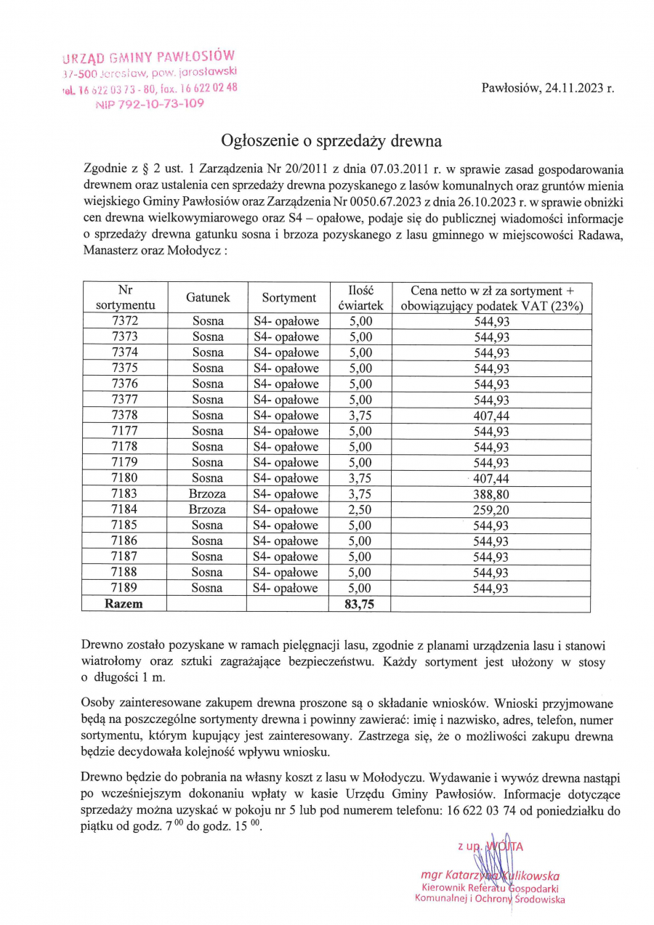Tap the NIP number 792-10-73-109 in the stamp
(150, 103)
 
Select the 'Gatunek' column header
(208, 297)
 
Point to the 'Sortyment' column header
(289, 297)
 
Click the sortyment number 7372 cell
(126, 320)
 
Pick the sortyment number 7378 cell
(126, 415)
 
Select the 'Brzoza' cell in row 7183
(208, 493)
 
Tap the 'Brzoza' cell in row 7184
(208, 509)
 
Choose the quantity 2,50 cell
(360, 509)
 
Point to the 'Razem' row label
(125, 604)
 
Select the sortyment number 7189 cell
(126, 588)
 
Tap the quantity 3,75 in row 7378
(360, 415)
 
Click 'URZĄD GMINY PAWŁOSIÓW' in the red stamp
(149, 57)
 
